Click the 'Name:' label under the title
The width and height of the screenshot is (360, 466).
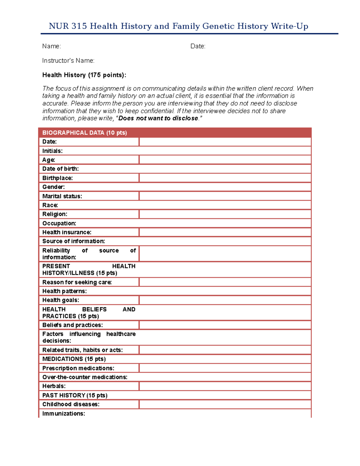pos(52,46)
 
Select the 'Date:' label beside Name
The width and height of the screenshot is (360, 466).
pos(198,46)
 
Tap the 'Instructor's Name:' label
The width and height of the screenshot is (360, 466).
pos(68,61)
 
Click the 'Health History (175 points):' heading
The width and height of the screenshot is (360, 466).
pos(84,75)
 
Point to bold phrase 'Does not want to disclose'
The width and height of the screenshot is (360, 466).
pos(158,118)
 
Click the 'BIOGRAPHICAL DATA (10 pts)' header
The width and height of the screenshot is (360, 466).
pos(85,133)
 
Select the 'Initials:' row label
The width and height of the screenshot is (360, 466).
pos(52,151)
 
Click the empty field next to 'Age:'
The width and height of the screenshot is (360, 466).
pos(225,160)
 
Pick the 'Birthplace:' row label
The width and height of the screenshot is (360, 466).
pos(57,178)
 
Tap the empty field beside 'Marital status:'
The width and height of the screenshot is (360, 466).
pos(225,196)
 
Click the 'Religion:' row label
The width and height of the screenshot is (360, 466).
pos(55,214)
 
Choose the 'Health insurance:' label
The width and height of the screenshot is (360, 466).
pos(67,232)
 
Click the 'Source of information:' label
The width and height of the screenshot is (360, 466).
pos(73,241)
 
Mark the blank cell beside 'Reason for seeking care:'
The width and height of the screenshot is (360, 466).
pos(225,282)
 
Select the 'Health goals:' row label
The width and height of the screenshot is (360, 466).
pos(61,300)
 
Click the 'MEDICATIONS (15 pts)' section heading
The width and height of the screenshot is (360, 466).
pos(74,359)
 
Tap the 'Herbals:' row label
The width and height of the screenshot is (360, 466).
pos(54,386)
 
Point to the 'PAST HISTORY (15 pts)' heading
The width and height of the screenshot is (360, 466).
pos(75,395)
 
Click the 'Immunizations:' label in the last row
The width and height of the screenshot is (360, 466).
pos(64,413)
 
